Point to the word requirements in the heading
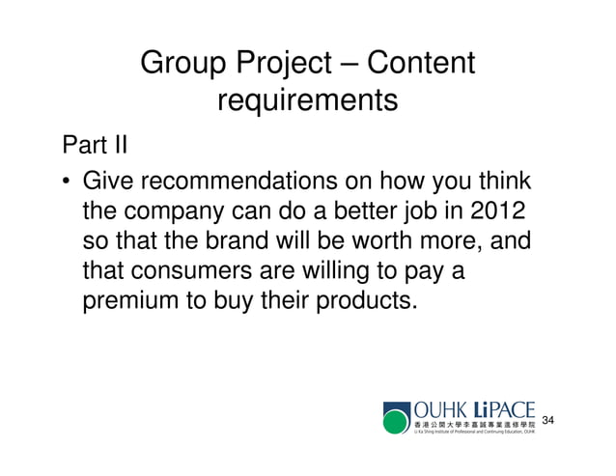307,100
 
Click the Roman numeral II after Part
120,147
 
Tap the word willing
347,271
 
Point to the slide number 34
549,421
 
